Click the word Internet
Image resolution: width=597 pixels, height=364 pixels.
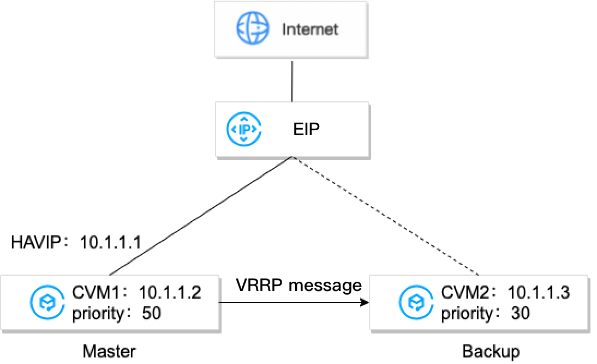pyautogui.click(x=309, y=29)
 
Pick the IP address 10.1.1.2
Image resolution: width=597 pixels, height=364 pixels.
pyautogui.click(x=170, y=294)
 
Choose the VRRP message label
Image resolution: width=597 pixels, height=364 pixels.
pyautogui.click(x=299, y=285)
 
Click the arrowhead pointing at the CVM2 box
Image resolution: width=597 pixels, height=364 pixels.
pyautogui.click(x=364, y=302)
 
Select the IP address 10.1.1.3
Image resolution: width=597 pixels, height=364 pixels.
pyautogui.click(x=539, y=294)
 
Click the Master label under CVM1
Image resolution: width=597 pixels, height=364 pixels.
pyautogui.click(x=109, y=351)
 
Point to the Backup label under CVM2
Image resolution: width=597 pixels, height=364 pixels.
pyautogui.click(x=491, y=351)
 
